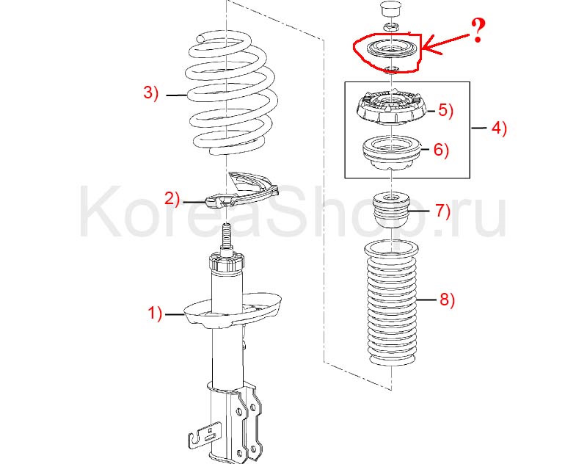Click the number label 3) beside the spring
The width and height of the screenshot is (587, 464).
pyautogui.click(x=151, y=92)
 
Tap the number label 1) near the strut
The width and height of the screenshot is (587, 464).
pyautogui.click(x=155, y=313)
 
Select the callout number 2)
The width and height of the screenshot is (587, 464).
pyautogui.click(x=172, y=198)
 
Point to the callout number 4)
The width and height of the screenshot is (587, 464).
pyautogui.click(x=499, y=128)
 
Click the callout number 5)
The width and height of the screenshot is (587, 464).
pyautogui.click(x=445, y=110)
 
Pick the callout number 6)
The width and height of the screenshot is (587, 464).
pyautogui.click(x=441, y=150)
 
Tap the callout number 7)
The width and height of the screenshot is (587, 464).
pyautogui.click(x=442, y=211)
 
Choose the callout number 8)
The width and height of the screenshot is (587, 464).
pyautogui.click(x=447, y=300)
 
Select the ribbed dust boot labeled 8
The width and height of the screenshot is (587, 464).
pyautogui.click(x=392, y=303)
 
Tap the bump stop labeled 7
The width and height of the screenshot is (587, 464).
pyautogui.click(x=392, y=210)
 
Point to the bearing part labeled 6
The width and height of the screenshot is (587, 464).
pyautogui.click(x=391, y=153)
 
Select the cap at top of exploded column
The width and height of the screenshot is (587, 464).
pyautogui.click(x=390, y=10)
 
